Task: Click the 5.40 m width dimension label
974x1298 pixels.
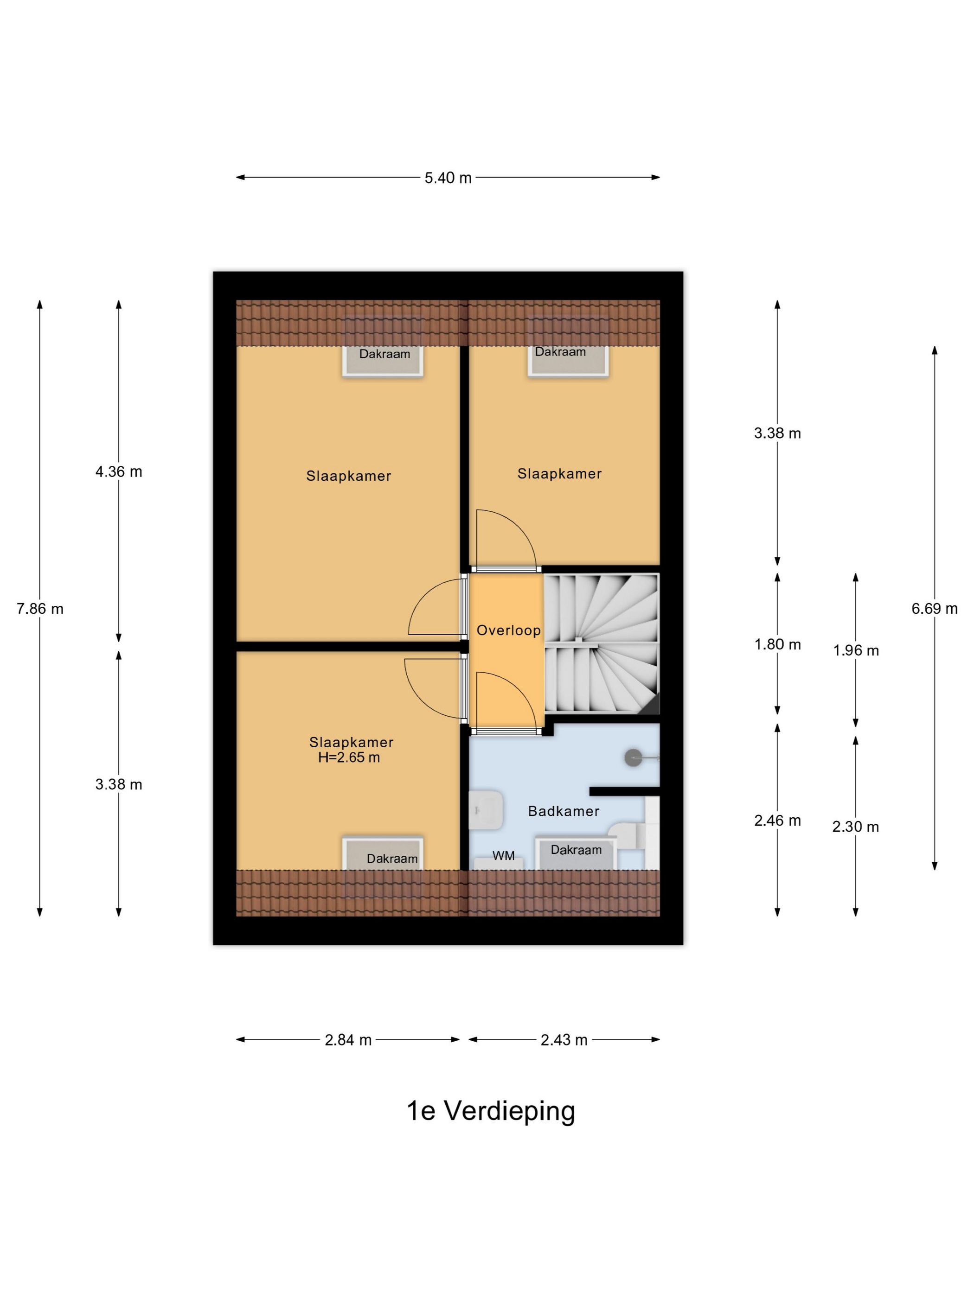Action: click(x=448, y=178)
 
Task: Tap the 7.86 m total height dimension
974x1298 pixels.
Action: click(x=40, y=609)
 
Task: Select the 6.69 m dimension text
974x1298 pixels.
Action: click(x=934, y=609)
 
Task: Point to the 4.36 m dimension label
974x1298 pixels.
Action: click(x=119, y=472)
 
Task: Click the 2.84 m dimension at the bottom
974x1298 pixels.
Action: click(x=348, y=1040)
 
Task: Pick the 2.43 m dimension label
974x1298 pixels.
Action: click(x=564, y=1040)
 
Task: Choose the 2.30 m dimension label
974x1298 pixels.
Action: click(x=855, y=827)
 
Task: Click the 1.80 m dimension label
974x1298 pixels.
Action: click(x=777, y=644)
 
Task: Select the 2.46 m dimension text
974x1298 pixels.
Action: click(x=777, y=821)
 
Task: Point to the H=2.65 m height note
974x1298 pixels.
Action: click(x=349, y=757)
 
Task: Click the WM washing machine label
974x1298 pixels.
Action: click(x=503, y=856)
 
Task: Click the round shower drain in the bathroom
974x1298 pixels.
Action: click(x=633, y=758)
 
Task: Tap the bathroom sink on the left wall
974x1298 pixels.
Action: click(x=486, y=810)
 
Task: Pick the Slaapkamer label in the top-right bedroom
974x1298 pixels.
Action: click(x=559, y=474)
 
